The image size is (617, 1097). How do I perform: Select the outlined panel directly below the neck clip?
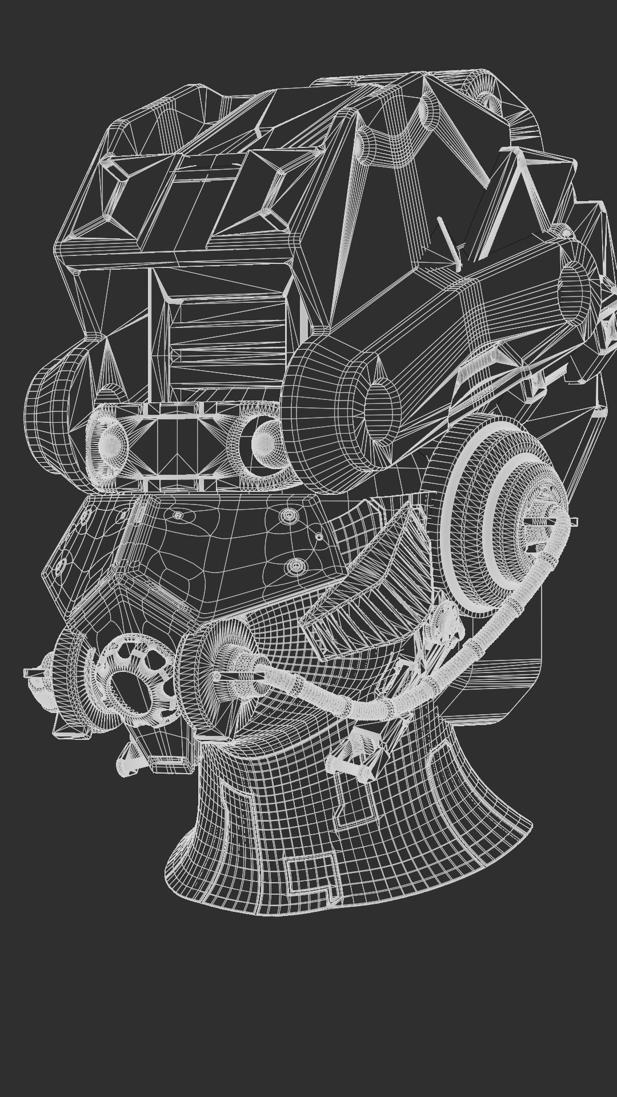354,800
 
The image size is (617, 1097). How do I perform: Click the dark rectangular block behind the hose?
503,668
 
